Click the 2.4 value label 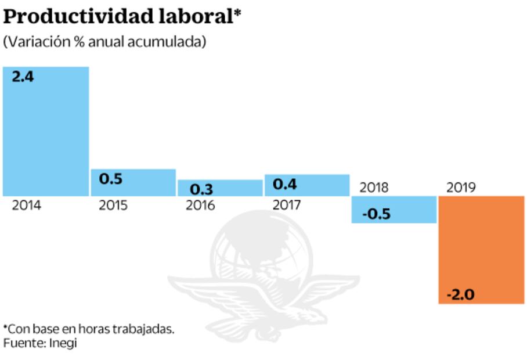click(x=23, y=77)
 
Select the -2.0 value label click(x=460, y=295)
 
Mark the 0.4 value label click(x=285, y=185)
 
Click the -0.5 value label click(x=376, y=214)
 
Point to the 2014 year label click(x=26, y=206)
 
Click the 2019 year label click(x=461, y=187)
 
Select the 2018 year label click(x=374, y=187)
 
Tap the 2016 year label click(x=200, y=206)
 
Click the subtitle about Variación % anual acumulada click(x=104, y=42)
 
